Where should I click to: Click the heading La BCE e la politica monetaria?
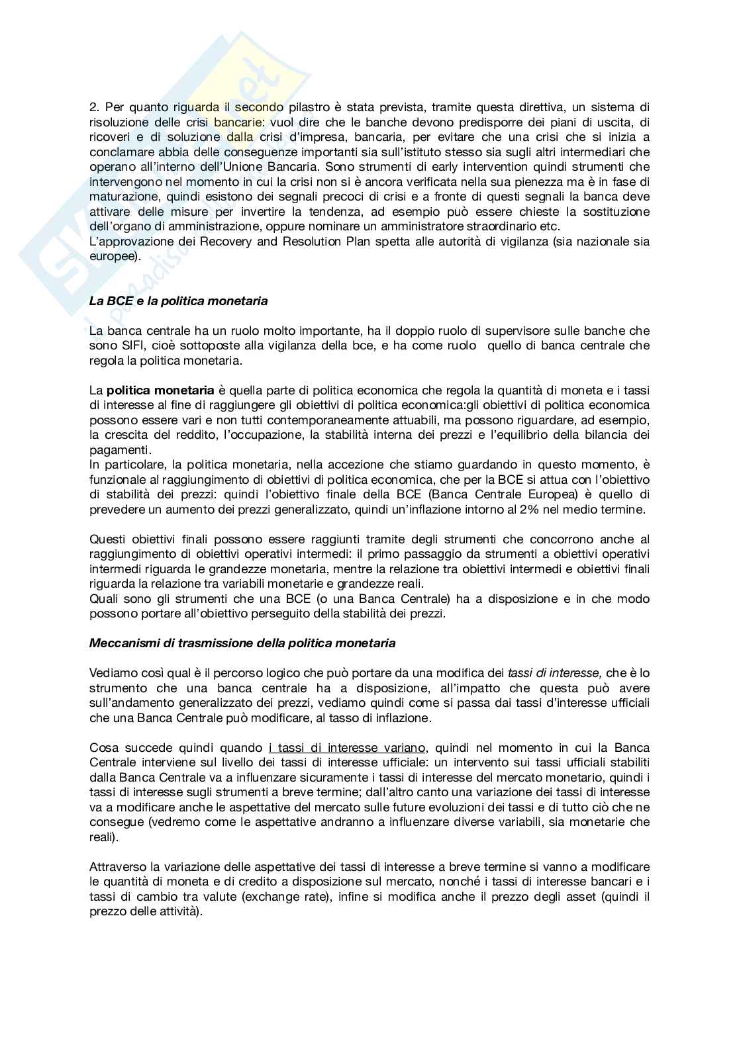[x=178, y=301]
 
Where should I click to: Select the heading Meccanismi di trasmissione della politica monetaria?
[x=242, y=643]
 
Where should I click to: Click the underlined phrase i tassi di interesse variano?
[x=348, y=748]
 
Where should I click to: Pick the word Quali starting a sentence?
[x=103, y=599]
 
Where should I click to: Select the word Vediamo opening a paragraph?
[x=112, y=673]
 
